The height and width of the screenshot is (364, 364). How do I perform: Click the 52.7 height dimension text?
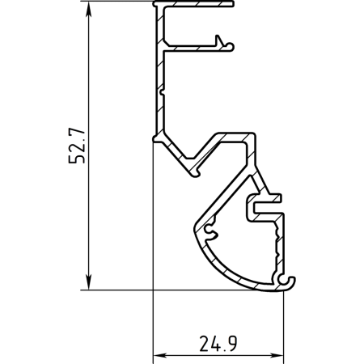(x=77, y=146)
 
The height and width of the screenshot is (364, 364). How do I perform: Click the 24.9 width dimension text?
(x=218, y=344)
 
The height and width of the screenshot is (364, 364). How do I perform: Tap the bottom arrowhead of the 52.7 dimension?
(x=88, y=282)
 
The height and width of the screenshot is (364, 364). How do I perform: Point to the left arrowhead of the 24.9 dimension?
(x=161, y=355)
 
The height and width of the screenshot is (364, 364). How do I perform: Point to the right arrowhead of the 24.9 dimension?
(x=276, y=355)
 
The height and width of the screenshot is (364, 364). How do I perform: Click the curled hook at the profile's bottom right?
(x=287, y=282)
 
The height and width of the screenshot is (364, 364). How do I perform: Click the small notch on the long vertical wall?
(x=162, y=92)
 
